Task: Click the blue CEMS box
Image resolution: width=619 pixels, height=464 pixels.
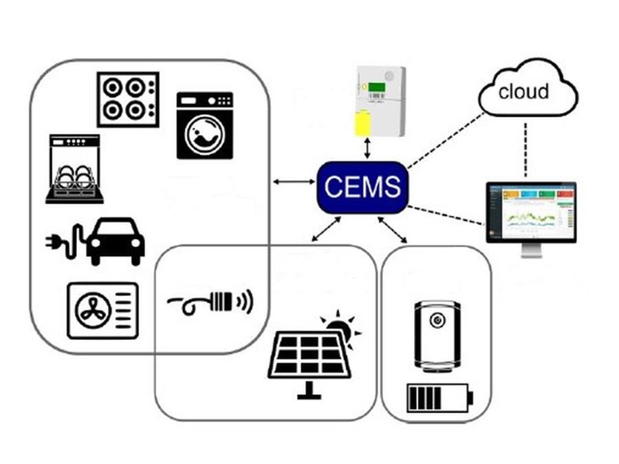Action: pos(362,187)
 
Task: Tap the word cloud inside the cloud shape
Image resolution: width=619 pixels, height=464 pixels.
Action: pos(523,92)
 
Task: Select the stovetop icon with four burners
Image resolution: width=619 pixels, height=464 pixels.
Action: pos(128,99)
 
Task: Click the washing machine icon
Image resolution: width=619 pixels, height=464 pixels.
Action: pos(204,125)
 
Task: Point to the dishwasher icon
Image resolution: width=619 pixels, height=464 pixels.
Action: pos(74,169)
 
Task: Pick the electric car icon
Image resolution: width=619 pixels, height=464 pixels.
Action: pos(116,241)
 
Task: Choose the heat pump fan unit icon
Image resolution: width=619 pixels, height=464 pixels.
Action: pos(102,310)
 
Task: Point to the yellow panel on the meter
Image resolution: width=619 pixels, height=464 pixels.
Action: pos(361,125)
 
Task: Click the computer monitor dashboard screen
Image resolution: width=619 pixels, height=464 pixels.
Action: pos(531,211)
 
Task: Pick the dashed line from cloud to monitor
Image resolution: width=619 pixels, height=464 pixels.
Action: pos(526,149)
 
